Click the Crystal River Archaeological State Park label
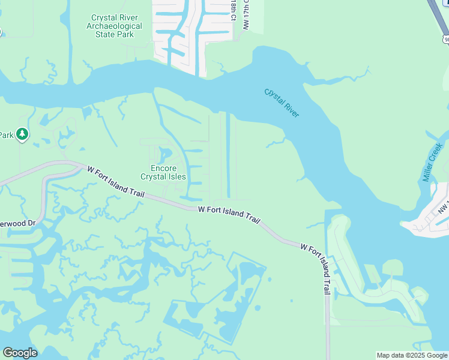point(114,26)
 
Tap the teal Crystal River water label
point(282,103)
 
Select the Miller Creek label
point(432,162)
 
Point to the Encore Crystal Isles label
point(163,172)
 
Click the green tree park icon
point(22,134)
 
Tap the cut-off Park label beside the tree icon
point(6,134)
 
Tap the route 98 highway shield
point(445,40)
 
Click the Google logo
point(20,353)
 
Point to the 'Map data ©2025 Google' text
point(412,355)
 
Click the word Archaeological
point(114,26)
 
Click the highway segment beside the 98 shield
point(437,15)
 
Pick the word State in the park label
point(105,34)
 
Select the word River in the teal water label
point(289,109)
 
